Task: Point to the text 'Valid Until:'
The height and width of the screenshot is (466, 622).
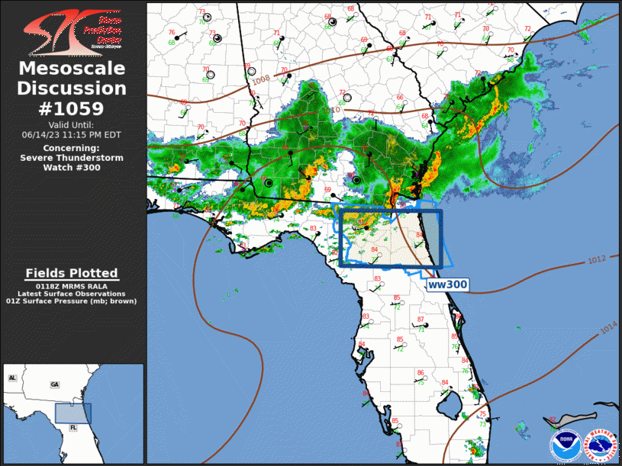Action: click(x=72, y=124)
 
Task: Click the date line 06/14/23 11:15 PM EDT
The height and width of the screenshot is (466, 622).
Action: click(x=72, y=134)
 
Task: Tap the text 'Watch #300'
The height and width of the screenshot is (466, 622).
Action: click(x=72, y=168)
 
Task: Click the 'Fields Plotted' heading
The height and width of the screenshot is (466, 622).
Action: click(x=72, y=273)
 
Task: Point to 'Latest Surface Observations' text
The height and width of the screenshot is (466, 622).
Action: click(x=72, y=294)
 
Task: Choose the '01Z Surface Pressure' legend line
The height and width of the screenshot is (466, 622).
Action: click(x=72, y=301)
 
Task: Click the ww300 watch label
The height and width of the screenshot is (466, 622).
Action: click(x=446, y=284)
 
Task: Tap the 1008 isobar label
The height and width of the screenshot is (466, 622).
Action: click(x=261, y=79)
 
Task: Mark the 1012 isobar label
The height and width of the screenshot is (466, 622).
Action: click(x=597, y=260)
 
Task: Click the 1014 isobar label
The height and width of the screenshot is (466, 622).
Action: click(x=607, y=328)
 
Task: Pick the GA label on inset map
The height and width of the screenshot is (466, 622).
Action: click(x=54, y=384)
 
